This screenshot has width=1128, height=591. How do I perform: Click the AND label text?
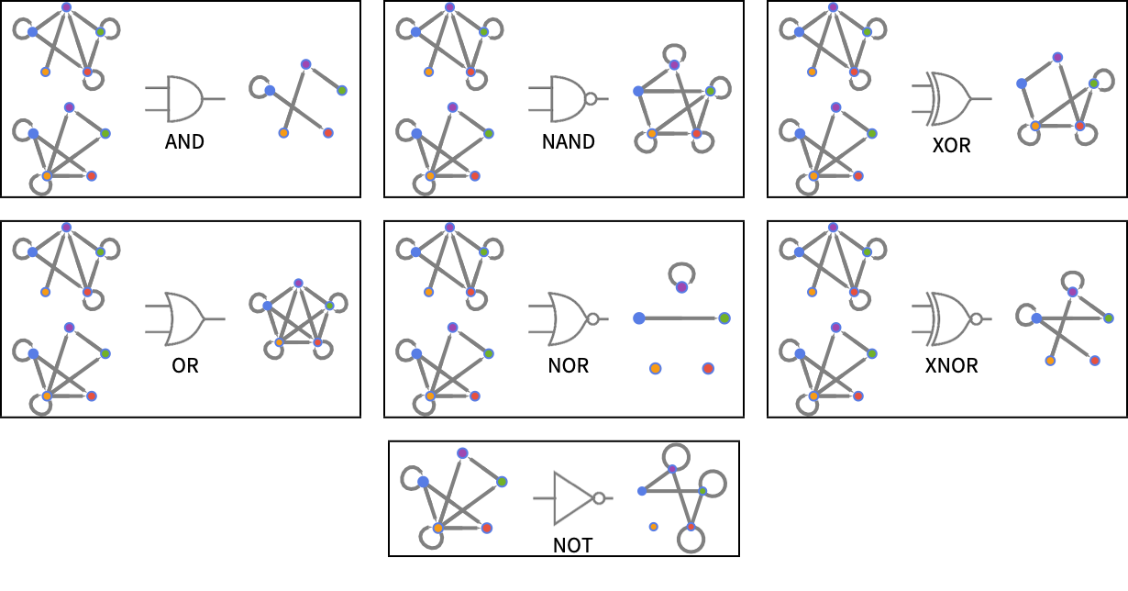pos(184,141)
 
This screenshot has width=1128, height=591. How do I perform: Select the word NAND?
pos(568,141)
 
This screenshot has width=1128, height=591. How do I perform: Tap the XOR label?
pos(951,145)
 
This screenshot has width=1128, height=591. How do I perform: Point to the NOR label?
pos(568,365)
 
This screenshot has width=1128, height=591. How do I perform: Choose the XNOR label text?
pos(951,365)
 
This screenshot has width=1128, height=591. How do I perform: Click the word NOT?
pos(572,545)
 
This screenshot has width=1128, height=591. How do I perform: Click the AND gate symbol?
pos(184,99)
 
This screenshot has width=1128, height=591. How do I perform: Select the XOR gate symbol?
pos(951,99)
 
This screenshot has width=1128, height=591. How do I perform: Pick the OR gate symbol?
pos(184,318)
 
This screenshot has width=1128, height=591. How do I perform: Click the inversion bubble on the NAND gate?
pos(591,99)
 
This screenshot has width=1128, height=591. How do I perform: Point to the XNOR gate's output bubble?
pos(977,319)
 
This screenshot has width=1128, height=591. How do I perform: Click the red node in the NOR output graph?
pos(708,368)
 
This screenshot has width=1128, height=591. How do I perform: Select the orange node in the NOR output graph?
pos(655,368)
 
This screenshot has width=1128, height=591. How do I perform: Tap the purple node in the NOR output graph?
pos(681,287)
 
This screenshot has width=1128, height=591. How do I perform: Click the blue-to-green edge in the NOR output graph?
pos(681,318)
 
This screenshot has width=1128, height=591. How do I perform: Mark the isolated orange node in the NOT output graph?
pos(654,527)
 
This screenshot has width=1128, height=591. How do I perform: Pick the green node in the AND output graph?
pos(342,91)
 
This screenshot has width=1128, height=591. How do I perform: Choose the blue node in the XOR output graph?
pos(1022,84)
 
